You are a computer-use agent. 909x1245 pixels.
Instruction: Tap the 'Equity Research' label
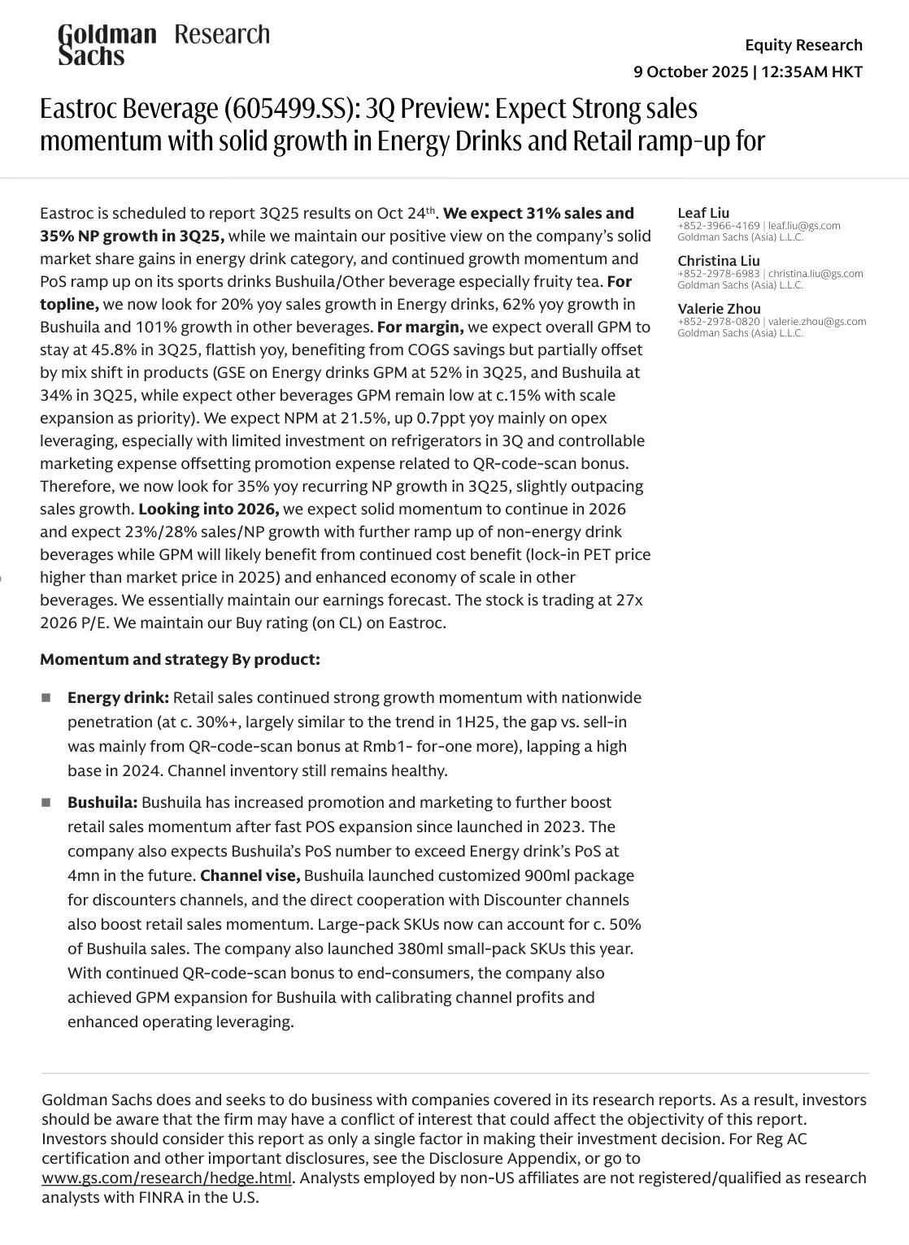coord(803,45)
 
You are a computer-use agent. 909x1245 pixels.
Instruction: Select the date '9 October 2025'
coord(690,72)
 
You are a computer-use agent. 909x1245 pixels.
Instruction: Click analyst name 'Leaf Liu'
coord(703,213)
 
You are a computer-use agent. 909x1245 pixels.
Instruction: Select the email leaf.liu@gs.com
coord(804,226)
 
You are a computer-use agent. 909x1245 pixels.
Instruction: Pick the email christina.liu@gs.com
coord(815,274)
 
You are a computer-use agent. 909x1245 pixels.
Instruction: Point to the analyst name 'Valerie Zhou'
coord(719,309)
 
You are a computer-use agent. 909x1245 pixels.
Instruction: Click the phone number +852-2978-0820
coord(718,322)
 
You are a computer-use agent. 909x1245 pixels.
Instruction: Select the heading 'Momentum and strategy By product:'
coord(180,659)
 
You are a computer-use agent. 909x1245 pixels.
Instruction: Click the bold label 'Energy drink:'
coord(118,698)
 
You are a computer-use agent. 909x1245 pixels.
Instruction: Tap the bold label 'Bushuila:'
coord(102,803)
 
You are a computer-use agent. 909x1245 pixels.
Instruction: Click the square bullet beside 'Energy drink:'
coord(46,698)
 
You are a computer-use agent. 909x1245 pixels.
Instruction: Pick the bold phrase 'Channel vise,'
coord(250,876)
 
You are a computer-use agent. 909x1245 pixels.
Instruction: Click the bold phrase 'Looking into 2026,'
coord(208,510)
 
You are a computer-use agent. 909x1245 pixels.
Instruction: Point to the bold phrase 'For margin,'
coord(420,328)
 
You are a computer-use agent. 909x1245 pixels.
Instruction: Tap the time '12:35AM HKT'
coord(811,72)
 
